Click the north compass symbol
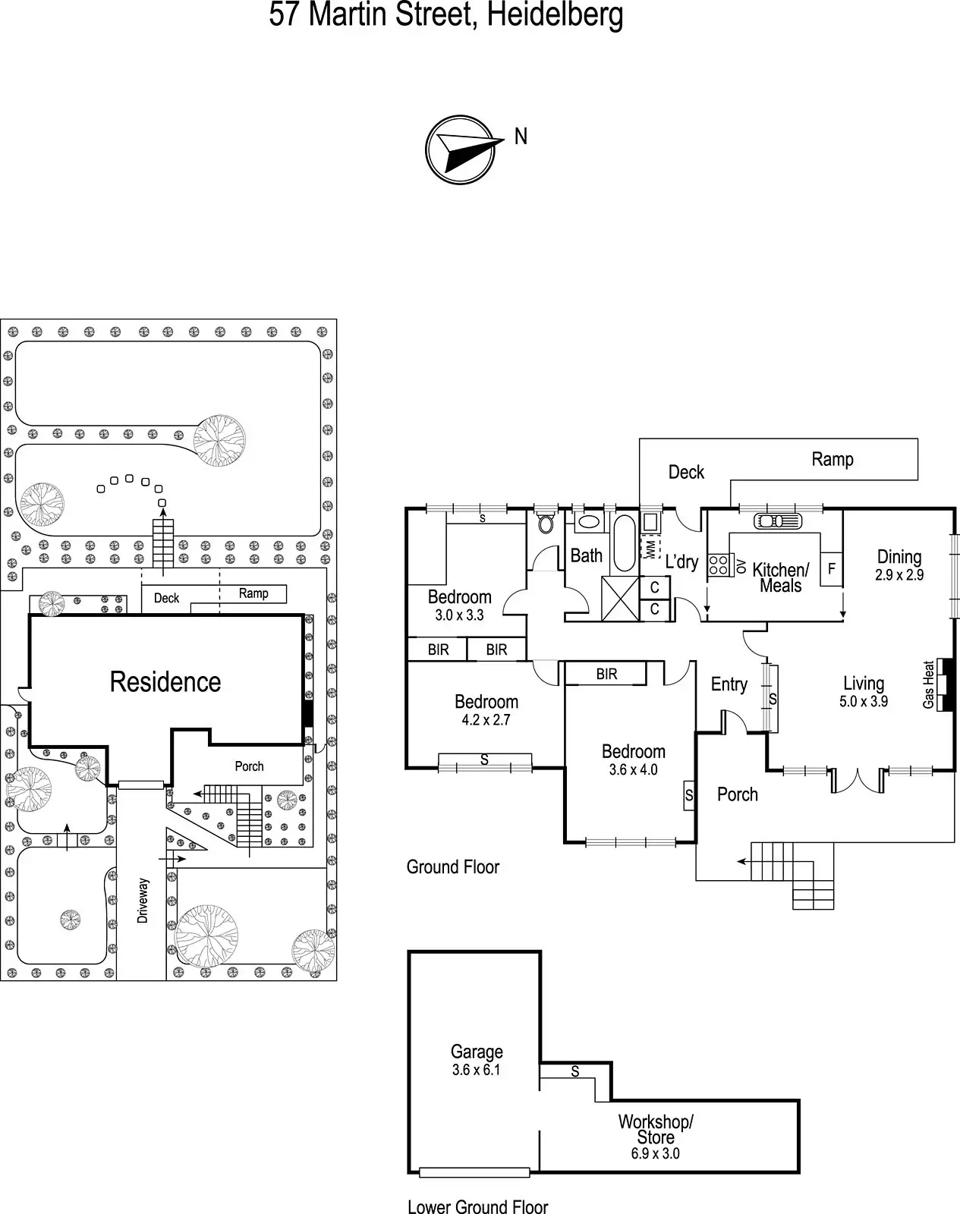[461, 149]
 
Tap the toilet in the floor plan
[546, 524]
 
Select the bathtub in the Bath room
[625, 543]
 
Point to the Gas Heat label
[929, 685]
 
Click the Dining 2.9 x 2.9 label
[899, 565]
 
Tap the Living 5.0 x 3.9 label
[864, 692]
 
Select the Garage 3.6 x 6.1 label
[477, 1060]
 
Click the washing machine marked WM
[650, 547]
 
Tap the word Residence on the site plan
[165, 681]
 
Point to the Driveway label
[143, 901]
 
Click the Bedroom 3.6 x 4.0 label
[633, 760]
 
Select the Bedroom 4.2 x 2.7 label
[486, 709]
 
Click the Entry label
[729, 684]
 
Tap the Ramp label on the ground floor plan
[833, 459]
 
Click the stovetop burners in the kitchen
[718, 565]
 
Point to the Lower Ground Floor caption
[478, 1206]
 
